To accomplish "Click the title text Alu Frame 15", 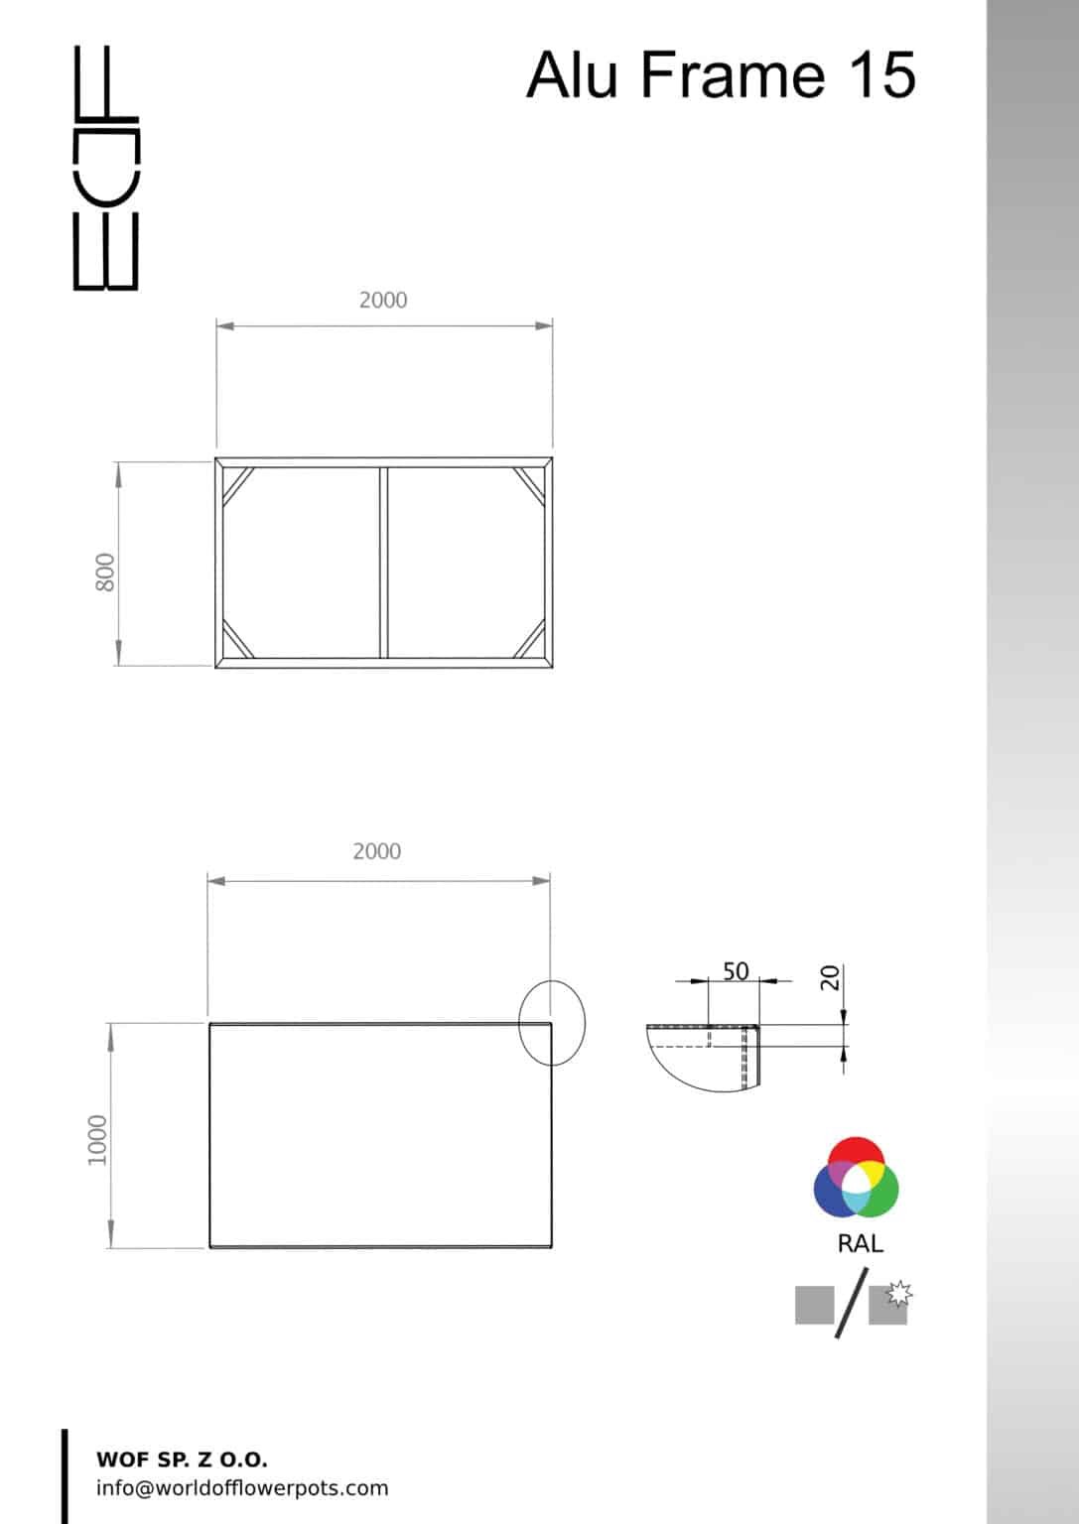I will (x=720, y=74).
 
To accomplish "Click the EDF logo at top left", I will (x=106, y=169).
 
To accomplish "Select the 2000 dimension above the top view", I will (x=383, y=300).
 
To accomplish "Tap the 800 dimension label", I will (x=105, y=572).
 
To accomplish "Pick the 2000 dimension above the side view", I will (x=377, y=851).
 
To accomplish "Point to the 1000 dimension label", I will (x=97, y=1139).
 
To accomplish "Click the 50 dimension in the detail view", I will (x=736, y=970).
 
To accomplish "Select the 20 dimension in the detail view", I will (x=831, y=978).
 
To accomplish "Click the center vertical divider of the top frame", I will (x=383, y=562).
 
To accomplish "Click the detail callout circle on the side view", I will (x=552, y=1023).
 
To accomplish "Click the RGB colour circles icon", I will (x=856, y=1178).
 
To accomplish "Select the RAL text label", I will (x=860, y=1244).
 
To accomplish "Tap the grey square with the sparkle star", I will (x=889, y=1303).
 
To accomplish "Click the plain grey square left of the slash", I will (x=814, y=1305).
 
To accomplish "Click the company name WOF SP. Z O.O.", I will (x=182, y=1460).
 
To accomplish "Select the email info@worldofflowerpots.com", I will (x=242, y=1488).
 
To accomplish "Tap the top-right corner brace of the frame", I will (x=530, y=485).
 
